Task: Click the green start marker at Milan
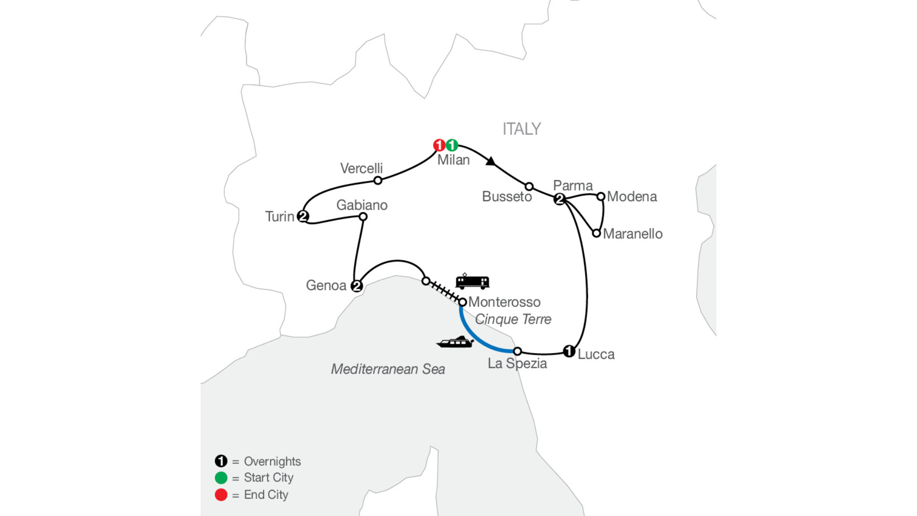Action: (x=452, y=145)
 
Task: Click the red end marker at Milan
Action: (x=439, y=145)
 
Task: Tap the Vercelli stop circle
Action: (x=378, y=181)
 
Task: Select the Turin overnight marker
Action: (x=303, y=216)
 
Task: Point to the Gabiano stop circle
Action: (x=363, y=217)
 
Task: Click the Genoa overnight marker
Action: (x=356, y=286)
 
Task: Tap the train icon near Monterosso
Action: (x=472, y=281)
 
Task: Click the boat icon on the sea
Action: (x=455, y=342)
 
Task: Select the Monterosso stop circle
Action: (x=462, y=302)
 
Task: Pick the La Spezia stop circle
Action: (x=517, y=352)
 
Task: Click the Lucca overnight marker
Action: (x=568, y=351)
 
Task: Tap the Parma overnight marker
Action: (x=559, y=199)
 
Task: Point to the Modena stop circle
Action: (x=601, y=196)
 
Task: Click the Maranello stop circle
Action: (x=596, y=233)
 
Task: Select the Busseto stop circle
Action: (x=529, y=186)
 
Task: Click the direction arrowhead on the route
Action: (x=490, y=161)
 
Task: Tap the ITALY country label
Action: (x=522, y=129)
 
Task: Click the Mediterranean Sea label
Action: (x=388, y=369)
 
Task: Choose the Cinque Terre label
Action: (x=513, y=319)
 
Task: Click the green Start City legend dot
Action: (x=221, y=478)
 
